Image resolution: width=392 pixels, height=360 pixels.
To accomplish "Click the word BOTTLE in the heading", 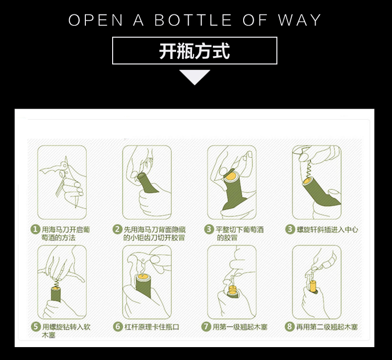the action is (x=193, y=20).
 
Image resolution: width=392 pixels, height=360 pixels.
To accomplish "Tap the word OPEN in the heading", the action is (x=96, y=20).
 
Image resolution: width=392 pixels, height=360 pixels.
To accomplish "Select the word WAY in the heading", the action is (x=300, y=20).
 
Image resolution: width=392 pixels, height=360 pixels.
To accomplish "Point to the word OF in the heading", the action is (x=255, y=20).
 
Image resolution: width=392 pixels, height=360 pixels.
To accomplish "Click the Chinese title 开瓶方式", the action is (x=195, y=51).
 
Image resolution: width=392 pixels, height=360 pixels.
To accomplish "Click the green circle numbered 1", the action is (x=35, y=229).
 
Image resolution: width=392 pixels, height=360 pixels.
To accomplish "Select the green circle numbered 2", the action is (x=117, y=229).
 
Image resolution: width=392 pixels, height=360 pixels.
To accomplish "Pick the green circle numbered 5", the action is (x=36, y=326).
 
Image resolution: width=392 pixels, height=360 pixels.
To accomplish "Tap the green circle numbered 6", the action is (x=118, y=326).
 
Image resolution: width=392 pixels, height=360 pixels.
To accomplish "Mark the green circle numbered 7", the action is (x=206, y=326).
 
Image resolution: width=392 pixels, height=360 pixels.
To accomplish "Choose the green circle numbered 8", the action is (x=289, y=326).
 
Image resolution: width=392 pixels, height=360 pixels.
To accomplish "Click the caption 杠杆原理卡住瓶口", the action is (x=152, y=327).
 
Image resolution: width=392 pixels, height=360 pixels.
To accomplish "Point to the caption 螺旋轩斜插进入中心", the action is (x=327, y=230).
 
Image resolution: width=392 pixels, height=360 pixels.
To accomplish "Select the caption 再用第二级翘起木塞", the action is (x=327, y=327).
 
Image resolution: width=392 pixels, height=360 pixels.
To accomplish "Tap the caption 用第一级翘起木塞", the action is (x=240, y=327).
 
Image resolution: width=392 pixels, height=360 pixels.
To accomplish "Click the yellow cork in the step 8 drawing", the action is (x=313, y=286).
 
